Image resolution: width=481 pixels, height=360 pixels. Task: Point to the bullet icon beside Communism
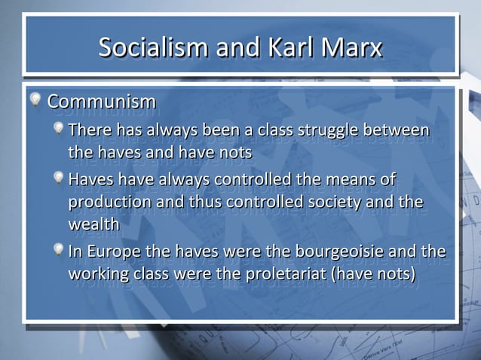pos(35,99)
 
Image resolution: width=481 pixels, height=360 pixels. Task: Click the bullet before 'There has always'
pos(58,129)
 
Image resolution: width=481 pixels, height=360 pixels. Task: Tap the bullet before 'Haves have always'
pos(58,178)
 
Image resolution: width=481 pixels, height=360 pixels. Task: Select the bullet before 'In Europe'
pos(58,249)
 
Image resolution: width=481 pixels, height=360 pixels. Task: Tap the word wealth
pos(93,225)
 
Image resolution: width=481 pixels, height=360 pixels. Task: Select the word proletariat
pos(285,273)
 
